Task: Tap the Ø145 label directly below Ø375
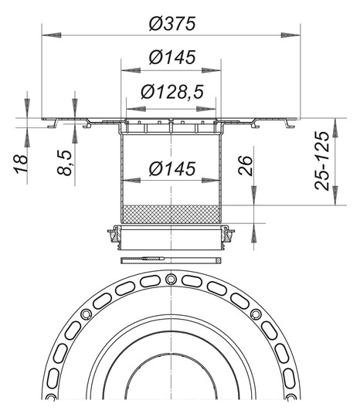(171, 57)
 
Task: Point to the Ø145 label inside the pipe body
(171, 168)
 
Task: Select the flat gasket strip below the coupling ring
(171, 258)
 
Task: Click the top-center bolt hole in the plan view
(171, 276)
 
